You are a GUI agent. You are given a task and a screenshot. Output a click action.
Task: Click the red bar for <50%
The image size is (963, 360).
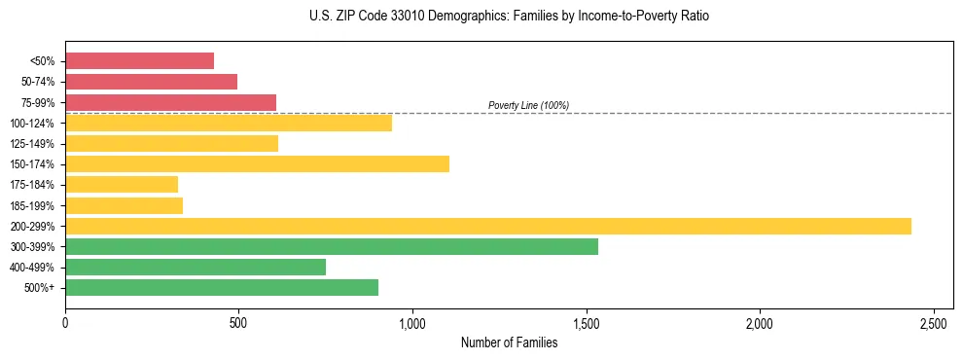pyautogui.click(x=139, y=61)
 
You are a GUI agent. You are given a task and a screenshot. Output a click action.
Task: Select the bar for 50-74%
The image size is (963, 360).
pyautogui.click(x=151, y=82)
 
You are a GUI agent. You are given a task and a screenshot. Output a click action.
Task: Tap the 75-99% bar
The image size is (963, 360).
pyautogui.click(x=170, y=102)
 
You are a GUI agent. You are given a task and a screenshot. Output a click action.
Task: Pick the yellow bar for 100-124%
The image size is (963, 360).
pyautogui.click(x=229, y=123)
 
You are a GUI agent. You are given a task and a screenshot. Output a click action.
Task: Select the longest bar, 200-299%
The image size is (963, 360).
pyautogui.click(x=487, y=226)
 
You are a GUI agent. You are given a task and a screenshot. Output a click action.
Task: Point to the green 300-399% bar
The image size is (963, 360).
pyautogui.click(x=331, y=246)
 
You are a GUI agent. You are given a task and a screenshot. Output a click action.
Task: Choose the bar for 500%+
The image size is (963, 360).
pyautogui.click(x=222, y=287)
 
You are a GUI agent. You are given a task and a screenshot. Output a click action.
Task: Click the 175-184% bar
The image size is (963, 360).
pyautogui.click(x=122, y=185)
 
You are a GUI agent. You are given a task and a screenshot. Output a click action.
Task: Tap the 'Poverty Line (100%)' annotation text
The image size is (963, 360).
pyautogui.click(x=528, y=105)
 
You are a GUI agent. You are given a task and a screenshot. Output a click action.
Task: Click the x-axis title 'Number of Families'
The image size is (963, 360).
pyautogui.click(x=510, y=342)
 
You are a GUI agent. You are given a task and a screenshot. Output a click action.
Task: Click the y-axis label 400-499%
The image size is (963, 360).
pyautogui.click(x=39, y=268)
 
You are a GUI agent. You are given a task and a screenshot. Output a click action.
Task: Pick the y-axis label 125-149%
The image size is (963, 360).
pyautogui.click(x=39, y=144)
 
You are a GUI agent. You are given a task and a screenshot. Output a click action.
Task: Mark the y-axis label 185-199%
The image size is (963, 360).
pyautogui.click(x=39, y=205)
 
